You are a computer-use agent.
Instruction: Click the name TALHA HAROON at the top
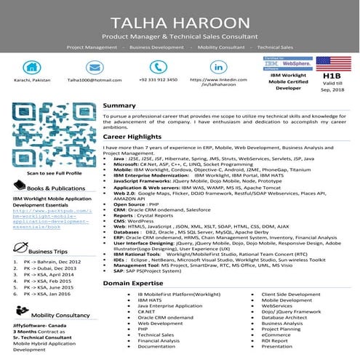[180, 20]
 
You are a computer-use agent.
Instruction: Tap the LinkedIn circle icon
[220, 65]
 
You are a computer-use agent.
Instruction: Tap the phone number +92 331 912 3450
[158, 79]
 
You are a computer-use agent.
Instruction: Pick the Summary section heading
[119, 105]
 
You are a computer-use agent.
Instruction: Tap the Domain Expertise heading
[135, 282]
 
